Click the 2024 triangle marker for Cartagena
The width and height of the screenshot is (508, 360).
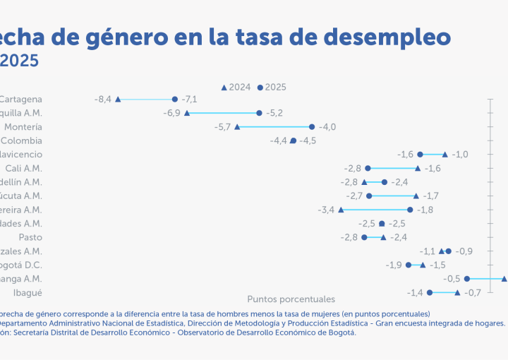tap(118, 100)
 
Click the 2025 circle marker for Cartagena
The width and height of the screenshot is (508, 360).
tap(175, 100)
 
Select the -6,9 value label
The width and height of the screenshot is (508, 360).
tap(172, 113)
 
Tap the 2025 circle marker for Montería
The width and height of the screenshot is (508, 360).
tap(312, 127)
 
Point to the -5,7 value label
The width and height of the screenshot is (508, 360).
tap(223, 127)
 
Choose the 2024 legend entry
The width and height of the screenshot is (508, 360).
tap(236, 88)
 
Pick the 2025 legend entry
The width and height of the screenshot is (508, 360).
tap(272, 88)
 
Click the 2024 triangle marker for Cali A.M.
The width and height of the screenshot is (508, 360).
tap(418, 168)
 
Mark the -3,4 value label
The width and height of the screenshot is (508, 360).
tap(327, 210)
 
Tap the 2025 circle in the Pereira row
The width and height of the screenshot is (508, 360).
tap(410, 210)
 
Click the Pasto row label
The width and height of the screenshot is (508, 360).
tap(30, 237)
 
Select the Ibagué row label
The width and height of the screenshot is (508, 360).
tap(28, 292)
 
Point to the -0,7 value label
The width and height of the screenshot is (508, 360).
tap(472, 292)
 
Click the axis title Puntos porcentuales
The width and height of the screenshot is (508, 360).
tap(291, 299)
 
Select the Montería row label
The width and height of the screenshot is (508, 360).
tap(23, 127)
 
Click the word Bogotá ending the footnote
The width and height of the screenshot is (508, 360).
tap(341, 332)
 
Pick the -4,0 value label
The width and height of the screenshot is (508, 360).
tap(327, 127)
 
